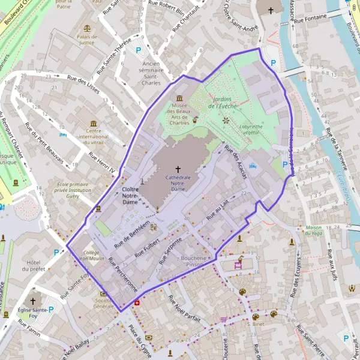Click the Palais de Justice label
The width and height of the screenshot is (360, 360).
click(x=87, y=40)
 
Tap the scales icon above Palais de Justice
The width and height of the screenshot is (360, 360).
click(x=88, y=28)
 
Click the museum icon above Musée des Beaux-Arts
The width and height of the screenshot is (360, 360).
click(x=179, y=98)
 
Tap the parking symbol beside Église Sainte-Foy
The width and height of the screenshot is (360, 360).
click(x=50, y=310)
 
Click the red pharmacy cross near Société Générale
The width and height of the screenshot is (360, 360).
click(x=136, y=303)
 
